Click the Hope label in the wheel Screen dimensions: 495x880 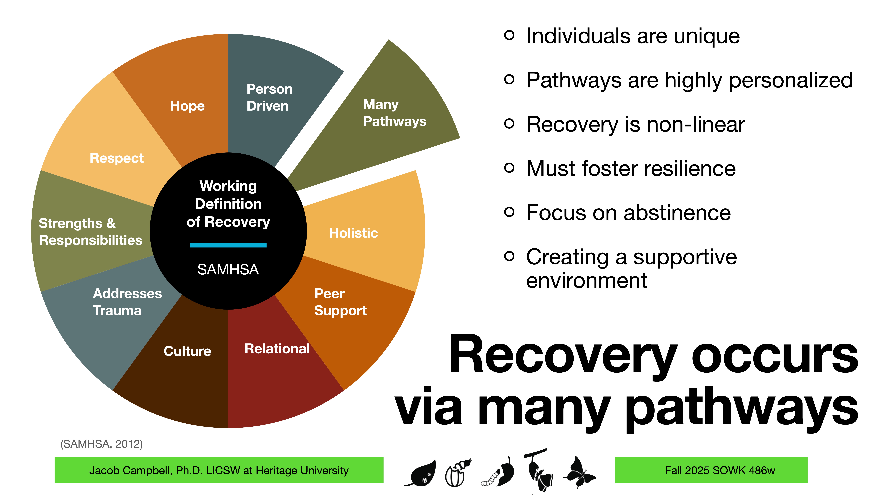(x=187, y=106)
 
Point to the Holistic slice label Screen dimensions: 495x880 (x=353, y=233)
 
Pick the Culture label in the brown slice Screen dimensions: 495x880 (x=187, y=351)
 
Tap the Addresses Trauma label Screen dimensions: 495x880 (x=127, y=302)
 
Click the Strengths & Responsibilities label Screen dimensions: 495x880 (x=90, y=232)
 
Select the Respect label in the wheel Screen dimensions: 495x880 (x=116, y=158)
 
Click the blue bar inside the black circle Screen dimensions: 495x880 (x=228, y=245)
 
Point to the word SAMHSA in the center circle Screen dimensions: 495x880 (x=228, y=269)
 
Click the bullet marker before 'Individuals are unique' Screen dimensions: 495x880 (x=509, y=35)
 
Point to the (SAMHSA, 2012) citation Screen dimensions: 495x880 (x=101, y=444)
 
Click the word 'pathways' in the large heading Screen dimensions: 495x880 (x=741, y=408)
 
